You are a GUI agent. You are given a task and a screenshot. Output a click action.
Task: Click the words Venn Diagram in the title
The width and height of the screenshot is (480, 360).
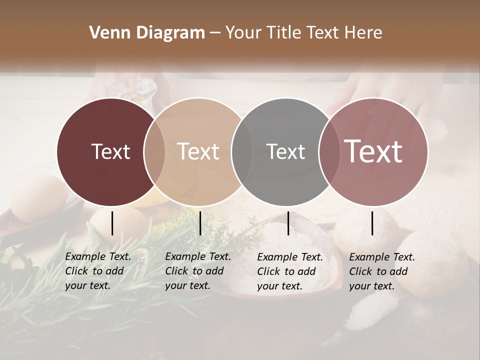point(147,33)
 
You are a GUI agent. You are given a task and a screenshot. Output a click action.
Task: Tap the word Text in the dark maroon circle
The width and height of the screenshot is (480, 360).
point(110,151)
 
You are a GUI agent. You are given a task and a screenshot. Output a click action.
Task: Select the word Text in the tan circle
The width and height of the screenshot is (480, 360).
point(198,151)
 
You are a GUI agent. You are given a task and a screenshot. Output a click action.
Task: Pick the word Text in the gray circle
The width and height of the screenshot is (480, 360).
point(285,151)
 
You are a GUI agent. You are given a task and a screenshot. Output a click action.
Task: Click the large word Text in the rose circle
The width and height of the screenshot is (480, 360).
point(373,151)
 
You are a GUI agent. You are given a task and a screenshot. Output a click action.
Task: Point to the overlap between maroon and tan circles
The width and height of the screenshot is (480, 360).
point(154,152)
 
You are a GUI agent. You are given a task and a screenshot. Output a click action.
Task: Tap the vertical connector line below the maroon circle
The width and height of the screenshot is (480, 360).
point(112,223)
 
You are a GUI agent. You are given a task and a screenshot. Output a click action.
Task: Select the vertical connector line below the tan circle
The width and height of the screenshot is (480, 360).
point(200,223)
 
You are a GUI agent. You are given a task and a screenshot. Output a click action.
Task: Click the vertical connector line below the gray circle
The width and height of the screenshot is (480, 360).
point(288,223)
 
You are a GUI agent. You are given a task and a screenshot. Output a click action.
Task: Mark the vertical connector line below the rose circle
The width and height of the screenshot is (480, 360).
point(372,223)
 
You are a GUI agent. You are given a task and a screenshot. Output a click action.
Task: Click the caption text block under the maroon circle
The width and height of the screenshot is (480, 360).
point(97,271)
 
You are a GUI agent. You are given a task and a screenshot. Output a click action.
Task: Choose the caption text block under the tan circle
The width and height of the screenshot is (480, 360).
point(197,271)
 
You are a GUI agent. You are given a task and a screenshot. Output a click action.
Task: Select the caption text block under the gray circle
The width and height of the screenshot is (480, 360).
point(289,271)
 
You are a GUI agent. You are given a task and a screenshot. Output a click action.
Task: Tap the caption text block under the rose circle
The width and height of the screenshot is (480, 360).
point(381,271)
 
